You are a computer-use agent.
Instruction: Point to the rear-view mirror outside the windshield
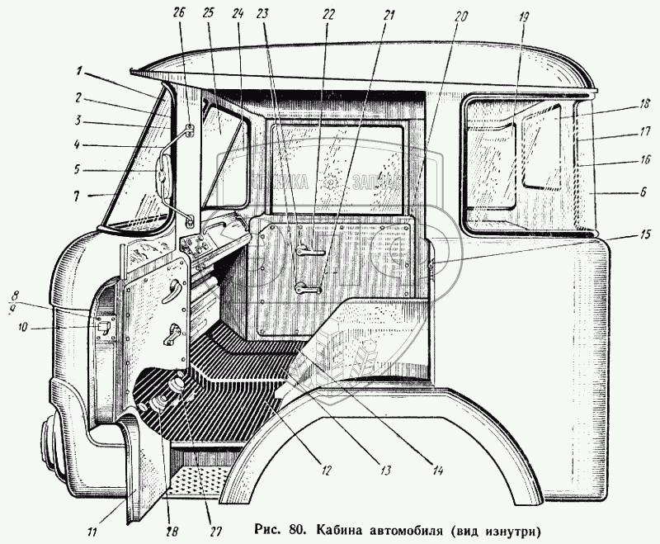tap(161, 177)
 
